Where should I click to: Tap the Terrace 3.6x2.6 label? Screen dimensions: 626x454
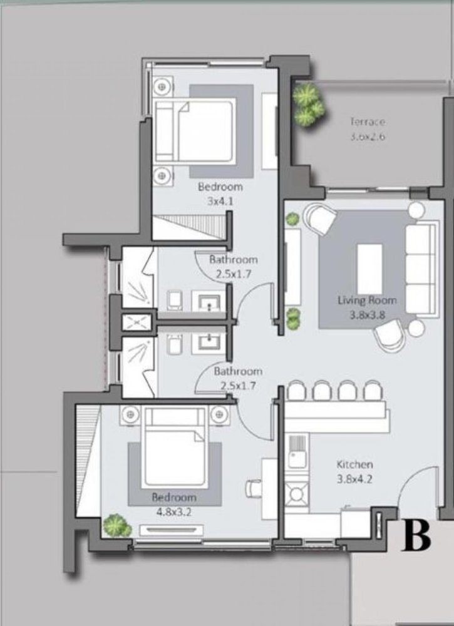(368, 130)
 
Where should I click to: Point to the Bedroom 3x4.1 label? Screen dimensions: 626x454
(220, 193)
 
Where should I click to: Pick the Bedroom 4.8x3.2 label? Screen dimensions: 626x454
(174, 504)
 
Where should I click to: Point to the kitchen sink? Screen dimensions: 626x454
(297, 459)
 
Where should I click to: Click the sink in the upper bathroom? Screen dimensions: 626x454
(209, 302)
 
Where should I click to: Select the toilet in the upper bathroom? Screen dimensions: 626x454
(175, 300)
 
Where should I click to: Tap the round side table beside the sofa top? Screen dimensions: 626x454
(416, 209)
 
